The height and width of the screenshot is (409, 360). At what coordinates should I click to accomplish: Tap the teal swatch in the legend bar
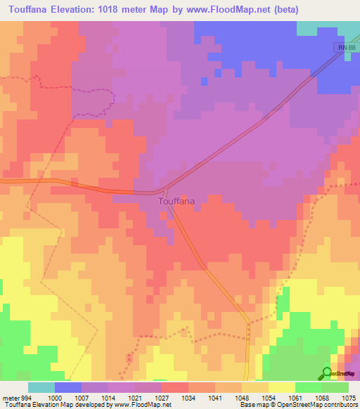coord(41,387)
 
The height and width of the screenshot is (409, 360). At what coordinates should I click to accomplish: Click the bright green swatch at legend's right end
coord(335,387)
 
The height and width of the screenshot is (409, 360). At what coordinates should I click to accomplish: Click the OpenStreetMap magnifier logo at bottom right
coord(326,374)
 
